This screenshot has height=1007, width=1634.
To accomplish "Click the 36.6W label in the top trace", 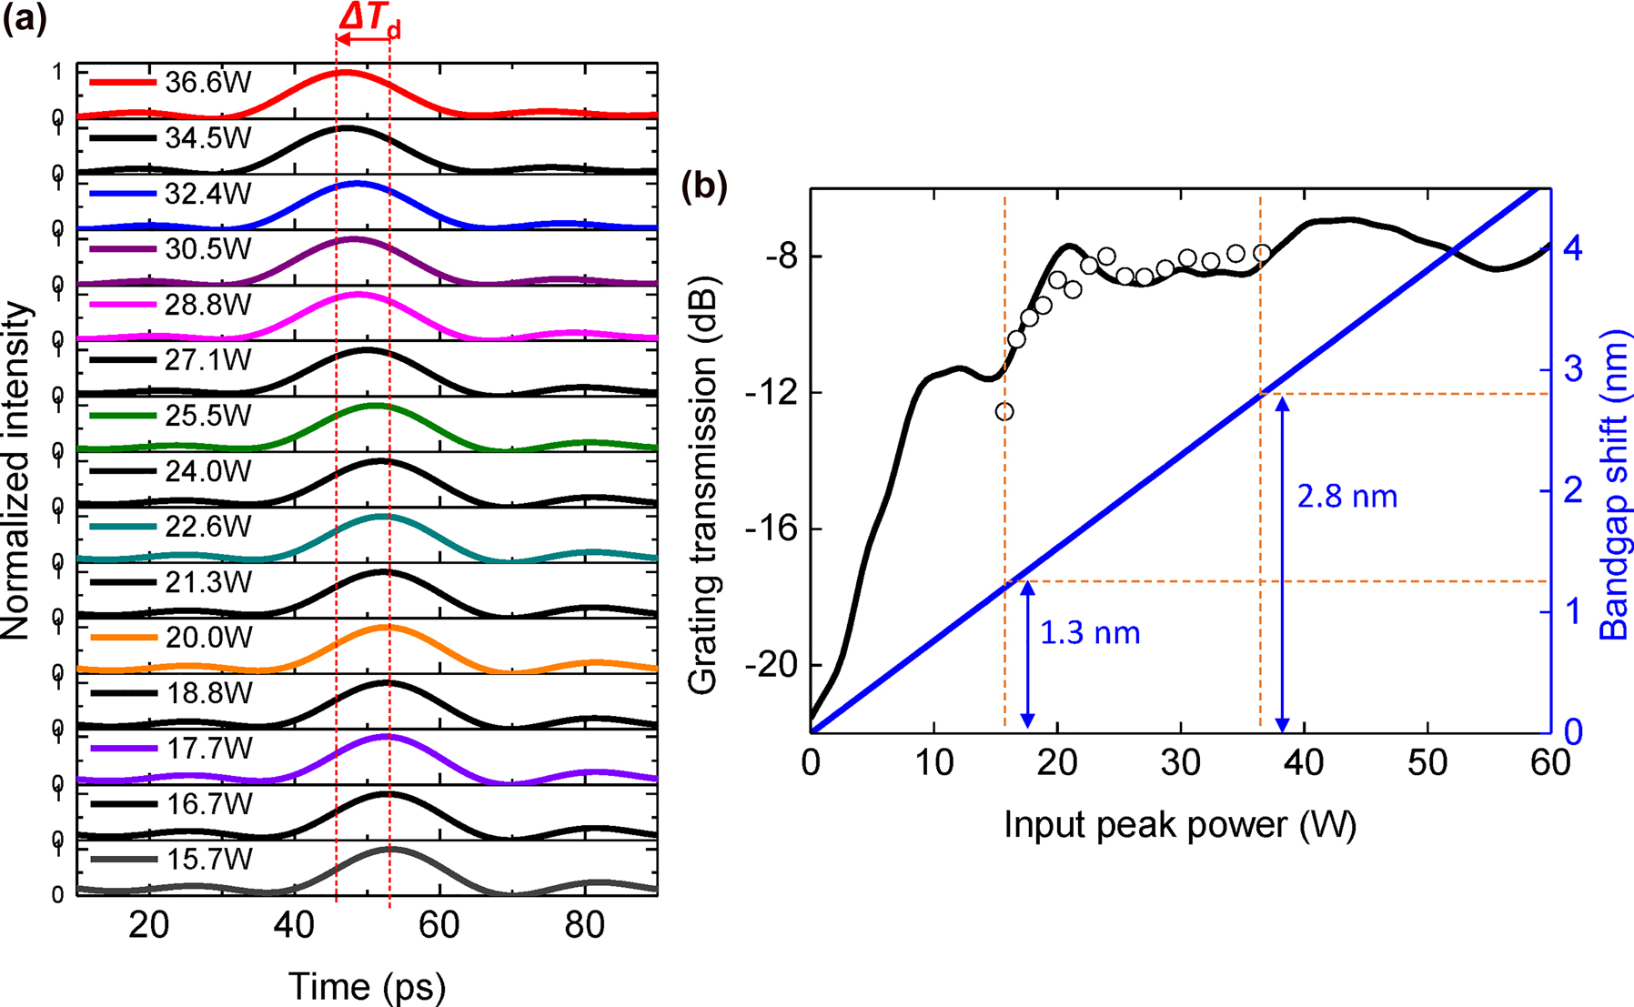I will (x=207, y=83).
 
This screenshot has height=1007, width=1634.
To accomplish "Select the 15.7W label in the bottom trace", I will (x=209, y=860).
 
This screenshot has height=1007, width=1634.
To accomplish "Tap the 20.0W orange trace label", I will (x=209, y=638).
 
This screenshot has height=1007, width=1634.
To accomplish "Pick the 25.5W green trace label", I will (x=209, y=416).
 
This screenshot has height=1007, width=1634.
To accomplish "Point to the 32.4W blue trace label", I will (x=207, y=194).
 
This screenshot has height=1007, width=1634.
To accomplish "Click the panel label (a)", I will (x=25, y=18).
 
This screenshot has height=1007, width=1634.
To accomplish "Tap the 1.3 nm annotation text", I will (x=1089, y=632).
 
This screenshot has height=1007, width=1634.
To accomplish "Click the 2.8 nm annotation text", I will (x=1347, y=497).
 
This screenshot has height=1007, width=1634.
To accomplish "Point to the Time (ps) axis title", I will (x=367, y=986).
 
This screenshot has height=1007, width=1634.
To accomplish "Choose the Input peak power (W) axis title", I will (x=1180, y=825).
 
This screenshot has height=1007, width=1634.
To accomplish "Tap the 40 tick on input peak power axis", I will (x=1304, y=763).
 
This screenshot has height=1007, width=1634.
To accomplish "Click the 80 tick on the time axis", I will (x=584, y=926).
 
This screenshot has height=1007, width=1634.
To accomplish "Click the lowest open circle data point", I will (x=1004, y=412).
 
